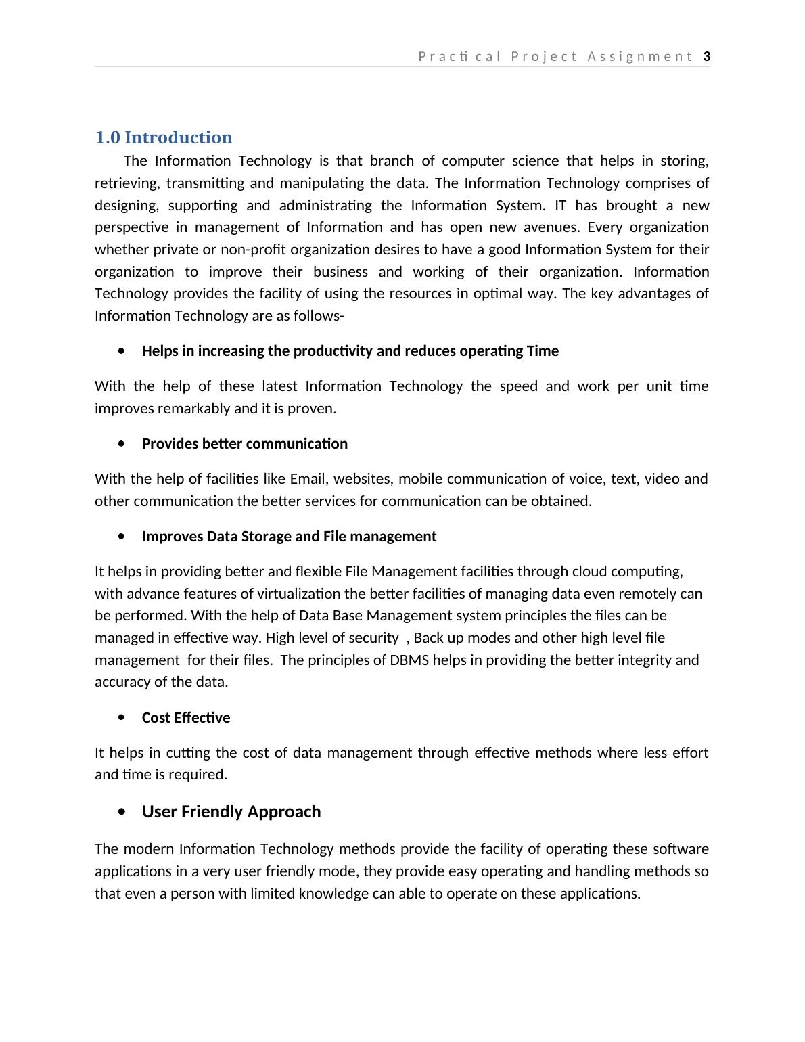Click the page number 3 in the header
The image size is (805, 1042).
coord(707,57)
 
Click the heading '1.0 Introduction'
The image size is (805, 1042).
coord(164,137)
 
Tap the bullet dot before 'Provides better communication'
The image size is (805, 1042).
coord(121,444)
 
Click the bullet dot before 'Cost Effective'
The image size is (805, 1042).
coord(121,718)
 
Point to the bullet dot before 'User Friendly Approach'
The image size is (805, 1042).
coord(121,812)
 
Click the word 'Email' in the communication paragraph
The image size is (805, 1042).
coord(307,479)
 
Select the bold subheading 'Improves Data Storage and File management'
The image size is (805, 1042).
coord(289,537)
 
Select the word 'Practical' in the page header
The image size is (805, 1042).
coord(460,57)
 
